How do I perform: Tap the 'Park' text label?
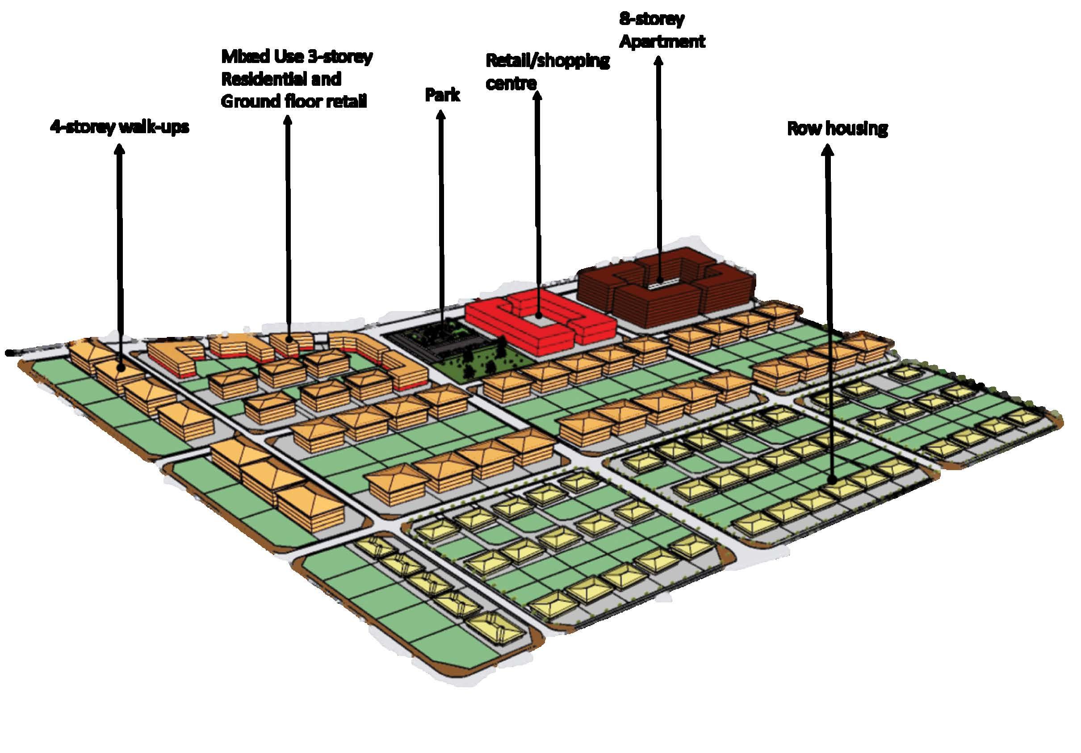coord(442,95)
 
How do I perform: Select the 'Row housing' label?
coord(837,129)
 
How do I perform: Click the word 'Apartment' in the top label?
coord(662,42)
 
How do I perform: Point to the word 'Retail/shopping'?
coord(547,61)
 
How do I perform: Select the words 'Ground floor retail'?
coord(294,101)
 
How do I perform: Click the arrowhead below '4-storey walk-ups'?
coord(120,149)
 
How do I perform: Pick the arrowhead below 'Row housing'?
coord(827,150)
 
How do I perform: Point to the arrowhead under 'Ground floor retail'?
coord(287,120)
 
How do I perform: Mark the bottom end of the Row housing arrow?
coord(832,480)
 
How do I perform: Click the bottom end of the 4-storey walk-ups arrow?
coord(122,369)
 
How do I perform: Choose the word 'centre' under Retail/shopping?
coord(511,84)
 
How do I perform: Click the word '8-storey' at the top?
coord(651,19)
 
